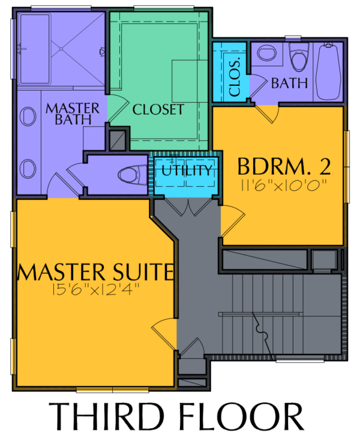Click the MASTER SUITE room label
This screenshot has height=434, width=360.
click(96, 272)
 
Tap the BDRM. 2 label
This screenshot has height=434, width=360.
click(284, 166)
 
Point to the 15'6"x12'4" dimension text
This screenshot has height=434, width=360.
click(95, 290)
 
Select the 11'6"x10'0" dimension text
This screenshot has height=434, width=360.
click(284, 185)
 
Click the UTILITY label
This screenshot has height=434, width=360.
click(187, 170)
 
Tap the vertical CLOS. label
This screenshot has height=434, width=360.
click(235, 77)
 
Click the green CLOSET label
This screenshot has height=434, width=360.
click(158, 109)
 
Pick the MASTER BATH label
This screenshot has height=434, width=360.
click(73, 114)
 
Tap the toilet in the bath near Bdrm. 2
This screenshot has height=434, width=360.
click(299, 57)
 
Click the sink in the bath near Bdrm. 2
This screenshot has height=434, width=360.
click(267, 53)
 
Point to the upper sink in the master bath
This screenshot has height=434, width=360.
click(28, 116)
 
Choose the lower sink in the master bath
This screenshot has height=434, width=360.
click(28, 169)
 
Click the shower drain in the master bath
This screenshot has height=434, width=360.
click(61, 49)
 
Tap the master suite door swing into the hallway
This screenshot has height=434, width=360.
click(163, 332)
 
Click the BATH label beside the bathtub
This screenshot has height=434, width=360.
click(289, 83)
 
